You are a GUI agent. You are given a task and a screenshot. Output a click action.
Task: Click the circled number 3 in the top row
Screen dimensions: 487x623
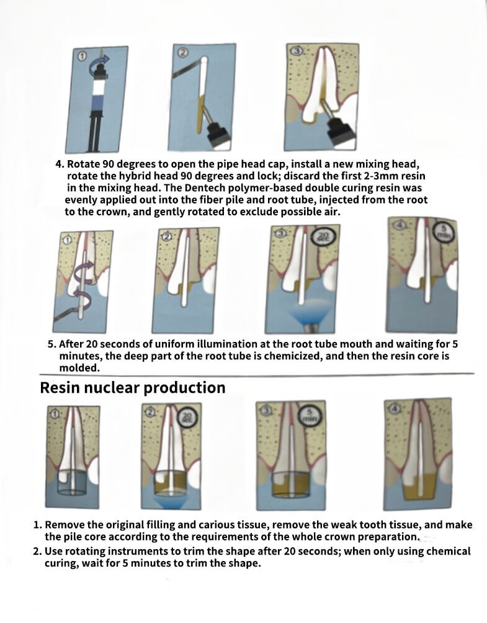[297, 50]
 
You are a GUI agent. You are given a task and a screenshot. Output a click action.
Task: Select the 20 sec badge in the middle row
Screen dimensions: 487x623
[321, 237]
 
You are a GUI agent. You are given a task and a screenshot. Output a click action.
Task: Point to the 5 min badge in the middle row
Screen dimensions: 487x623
[444, 230]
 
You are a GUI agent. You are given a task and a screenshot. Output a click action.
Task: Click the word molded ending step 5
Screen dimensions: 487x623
[79, 368]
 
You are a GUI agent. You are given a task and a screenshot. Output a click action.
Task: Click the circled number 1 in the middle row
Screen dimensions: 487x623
[68, 240]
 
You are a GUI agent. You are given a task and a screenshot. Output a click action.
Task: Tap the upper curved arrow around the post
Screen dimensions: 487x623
[84, 268]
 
